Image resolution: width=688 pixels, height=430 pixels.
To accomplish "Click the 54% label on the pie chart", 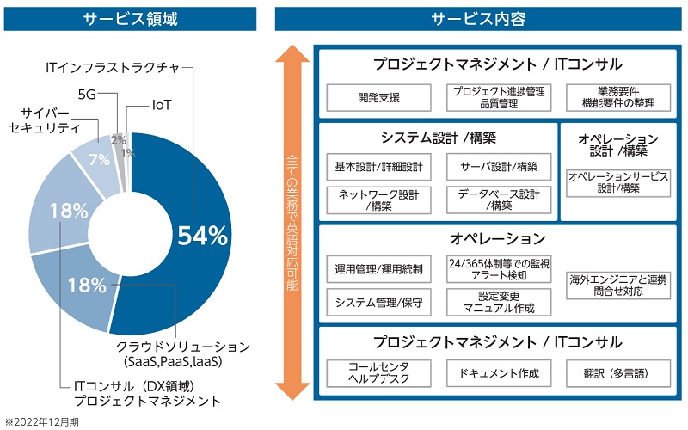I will click(202, 235).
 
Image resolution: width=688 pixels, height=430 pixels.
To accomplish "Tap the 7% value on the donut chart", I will click(99, 158).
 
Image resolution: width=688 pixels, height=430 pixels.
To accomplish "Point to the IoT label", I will click(162, 105).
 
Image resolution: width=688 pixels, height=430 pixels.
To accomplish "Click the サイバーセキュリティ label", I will click(44, 120).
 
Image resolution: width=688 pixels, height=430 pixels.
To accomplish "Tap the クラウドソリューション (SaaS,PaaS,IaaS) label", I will click(183, 353).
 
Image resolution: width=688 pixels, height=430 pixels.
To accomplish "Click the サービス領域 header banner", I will click(129, 18).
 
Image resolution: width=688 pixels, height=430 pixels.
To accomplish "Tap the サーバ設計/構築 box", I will click(498, 166).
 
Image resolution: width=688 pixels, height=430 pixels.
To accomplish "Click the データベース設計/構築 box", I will click(498, 200).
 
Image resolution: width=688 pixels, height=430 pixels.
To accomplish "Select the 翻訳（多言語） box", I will click(617, 372).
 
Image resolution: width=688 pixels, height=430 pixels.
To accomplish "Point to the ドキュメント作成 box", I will click(498, 372).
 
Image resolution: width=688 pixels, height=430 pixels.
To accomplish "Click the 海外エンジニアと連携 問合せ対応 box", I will click(617, 286).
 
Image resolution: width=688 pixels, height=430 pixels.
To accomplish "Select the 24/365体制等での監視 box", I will click(498, 269).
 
